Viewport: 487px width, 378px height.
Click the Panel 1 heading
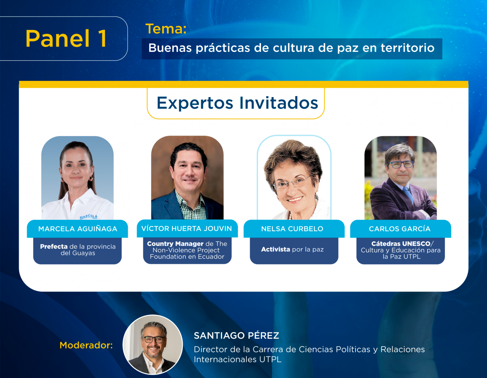[66, 39]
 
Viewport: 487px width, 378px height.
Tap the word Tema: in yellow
[166, 29]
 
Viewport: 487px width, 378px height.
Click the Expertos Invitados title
[237, 103]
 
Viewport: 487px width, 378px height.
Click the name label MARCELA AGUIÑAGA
[78, 229]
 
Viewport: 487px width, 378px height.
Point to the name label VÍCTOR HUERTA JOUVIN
[187, 229]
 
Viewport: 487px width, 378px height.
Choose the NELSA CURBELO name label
[292, 229]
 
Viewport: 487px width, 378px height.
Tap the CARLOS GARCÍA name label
[400, 229]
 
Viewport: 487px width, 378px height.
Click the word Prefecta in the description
[54, 247]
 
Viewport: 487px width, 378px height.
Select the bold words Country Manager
[175, 244]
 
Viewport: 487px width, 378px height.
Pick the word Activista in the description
[275, 249]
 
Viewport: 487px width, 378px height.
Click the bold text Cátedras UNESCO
[401, 244]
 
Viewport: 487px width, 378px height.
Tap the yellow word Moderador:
[86, 345]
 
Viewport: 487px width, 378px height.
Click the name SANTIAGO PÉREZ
[236, 335]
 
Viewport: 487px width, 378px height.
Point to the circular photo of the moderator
[153, 344]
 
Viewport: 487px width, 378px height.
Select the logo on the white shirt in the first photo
[89, 217]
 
